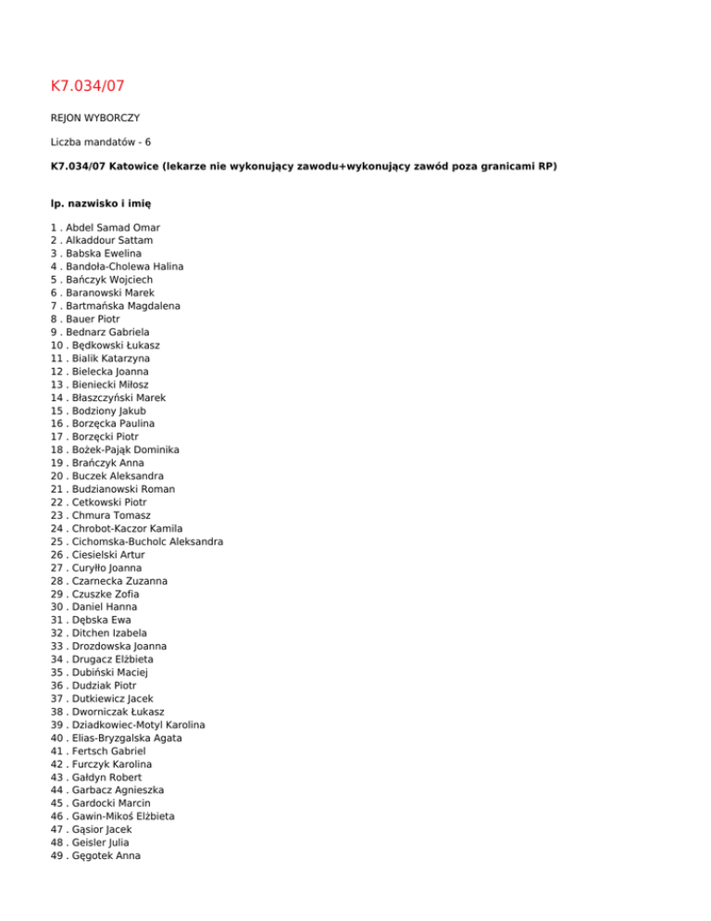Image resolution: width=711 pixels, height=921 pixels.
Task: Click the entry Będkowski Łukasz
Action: pos(113,345)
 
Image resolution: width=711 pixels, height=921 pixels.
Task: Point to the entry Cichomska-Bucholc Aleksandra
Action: pos(143,541)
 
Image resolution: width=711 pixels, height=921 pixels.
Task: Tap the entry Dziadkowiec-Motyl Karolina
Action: pos(135,725)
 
